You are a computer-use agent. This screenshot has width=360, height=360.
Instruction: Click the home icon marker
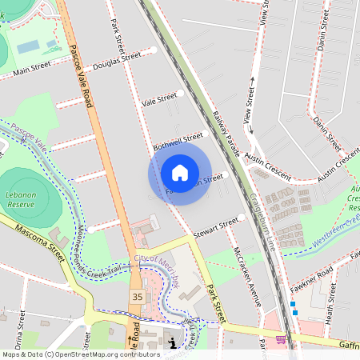(x=180, y=173)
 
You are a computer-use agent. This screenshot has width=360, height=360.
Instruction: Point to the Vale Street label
(x=158, y=99)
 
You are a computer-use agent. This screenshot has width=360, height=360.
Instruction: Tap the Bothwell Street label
(x=178, y=142)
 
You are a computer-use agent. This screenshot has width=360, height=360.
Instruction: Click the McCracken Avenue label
(x=246, y=276)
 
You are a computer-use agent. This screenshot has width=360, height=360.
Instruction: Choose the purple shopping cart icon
(x=281, y=339)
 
